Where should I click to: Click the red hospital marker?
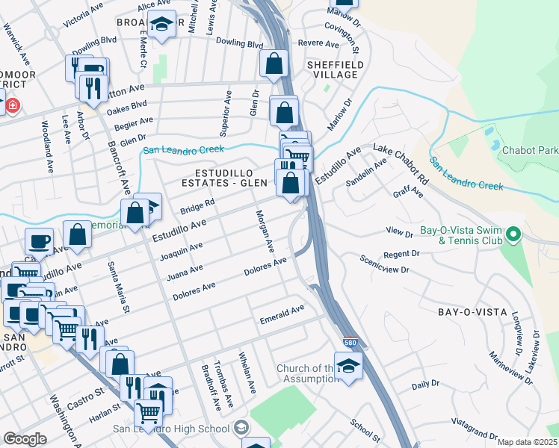(12, 107)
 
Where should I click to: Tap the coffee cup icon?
(39, 241)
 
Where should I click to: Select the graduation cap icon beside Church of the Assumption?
(348, 367)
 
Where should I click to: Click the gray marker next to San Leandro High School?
(241, 428)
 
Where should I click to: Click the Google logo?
(24, 439)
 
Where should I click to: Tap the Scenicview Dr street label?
(385, 264)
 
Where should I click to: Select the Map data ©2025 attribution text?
(527, 442)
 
